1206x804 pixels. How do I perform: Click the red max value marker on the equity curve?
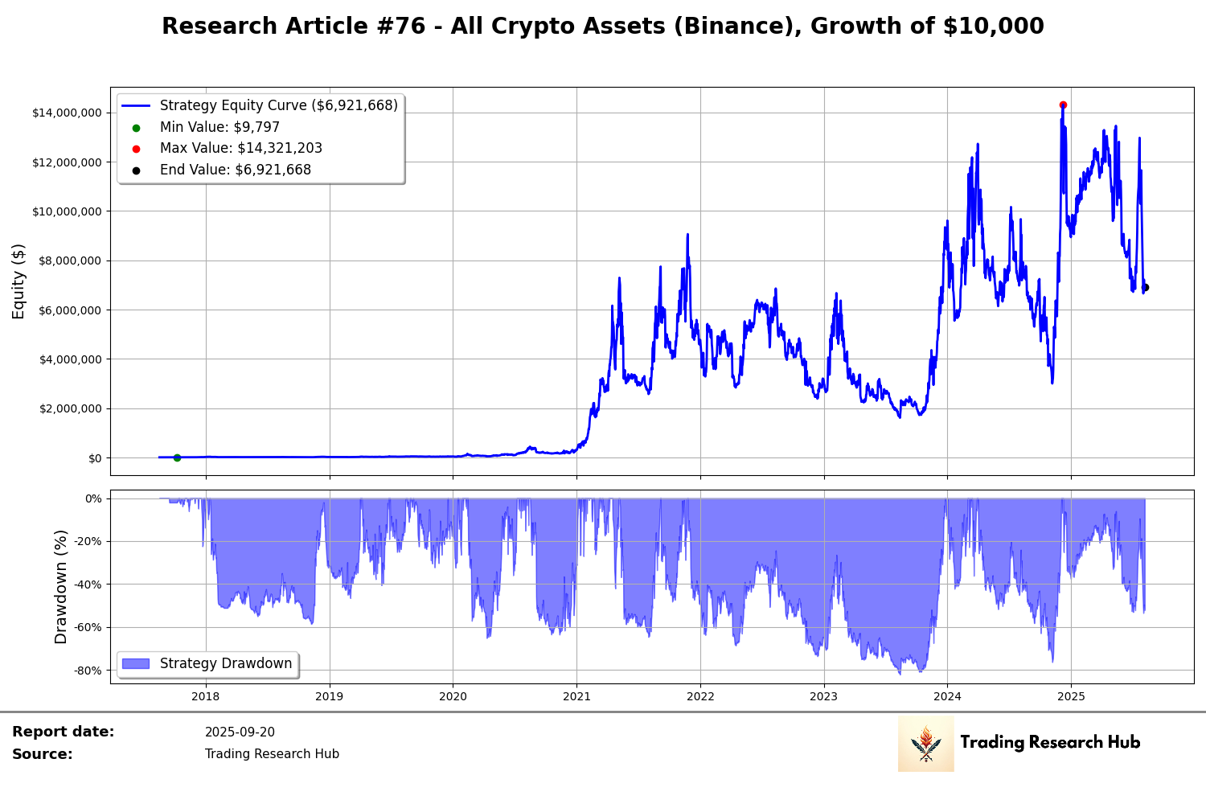pos(1063,105)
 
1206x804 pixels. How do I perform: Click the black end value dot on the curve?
pos(1146,288)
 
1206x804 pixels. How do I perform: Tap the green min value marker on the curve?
pos(177,457)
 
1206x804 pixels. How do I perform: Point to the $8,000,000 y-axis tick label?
pos(70,260)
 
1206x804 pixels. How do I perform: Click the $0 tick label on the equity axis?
pos(95,458)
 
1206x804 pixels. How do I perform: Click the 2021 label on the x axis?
pos(576,696)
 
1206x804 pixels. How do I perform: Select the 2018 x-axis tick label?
pos(206,696)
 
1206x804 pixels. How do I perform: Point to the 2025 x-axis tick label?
pos(1071,696)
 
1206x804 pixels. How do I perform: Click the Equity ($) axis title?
pos(18,281)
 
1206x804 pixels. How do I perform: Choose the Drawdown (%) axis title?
pos(61,587)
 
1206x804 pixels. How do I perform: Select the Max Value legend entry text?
pos(240,149)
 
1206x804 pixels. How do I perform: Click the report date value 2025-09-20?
pos(240,732)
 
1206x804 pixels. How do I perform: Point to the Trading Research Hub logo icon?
pos(925,744)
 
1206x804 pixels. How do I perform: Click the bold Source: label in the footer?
pos(42,754)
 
